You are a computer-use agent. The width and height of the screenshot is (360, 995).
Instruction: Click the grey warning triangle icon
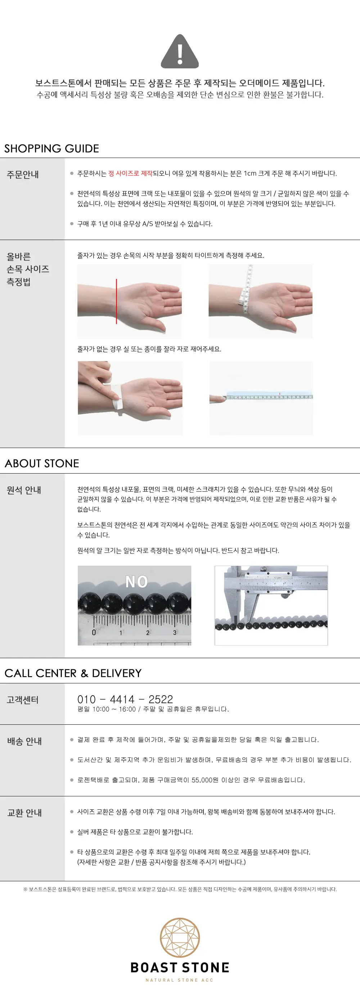coord(180,52)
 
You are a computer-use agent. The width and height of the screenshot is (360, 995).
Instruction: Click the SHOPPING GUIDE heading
coord(52,148)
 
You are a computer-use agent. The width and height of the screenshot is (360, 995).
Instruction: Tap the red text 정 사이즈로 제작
coord(130,173)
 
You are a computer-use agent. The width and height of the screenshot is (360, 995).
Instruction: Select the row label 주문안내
coord(23,174)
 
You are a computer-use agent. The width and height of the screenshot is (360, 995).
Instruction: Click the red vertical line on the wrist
coord(116,301)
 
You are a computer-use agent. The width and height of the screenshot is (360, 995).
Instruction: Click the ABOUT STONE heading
coord(42,463)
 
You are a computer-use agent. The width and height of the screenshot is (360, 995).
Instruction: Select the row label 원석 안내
coord(24,490)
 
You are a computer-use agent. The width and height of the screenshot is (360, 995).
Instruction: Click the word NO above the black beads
coord(136,581)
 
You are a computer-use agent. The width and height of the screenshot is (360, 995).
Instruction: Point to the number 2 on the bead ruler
coord(148,633)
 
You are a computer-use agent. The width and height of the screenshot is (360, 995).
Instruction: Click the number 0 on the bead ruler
coord(94,632)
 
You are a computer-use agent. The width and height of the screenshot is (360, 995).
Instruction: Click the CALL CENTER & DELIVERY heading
coord(73,673)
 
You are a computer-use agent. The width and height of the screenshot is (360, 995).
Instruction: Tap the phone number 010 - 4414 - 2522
coord(125,699)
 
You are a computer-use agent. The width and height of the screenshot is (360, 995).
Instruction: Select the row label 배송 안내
coord(25,741)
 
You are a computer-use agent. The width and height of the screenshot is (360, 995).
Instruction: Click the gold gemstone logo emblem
coord(180,938)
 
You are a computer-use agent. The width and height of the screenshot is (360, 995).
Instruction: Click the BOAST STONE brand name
coord(180,968)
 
